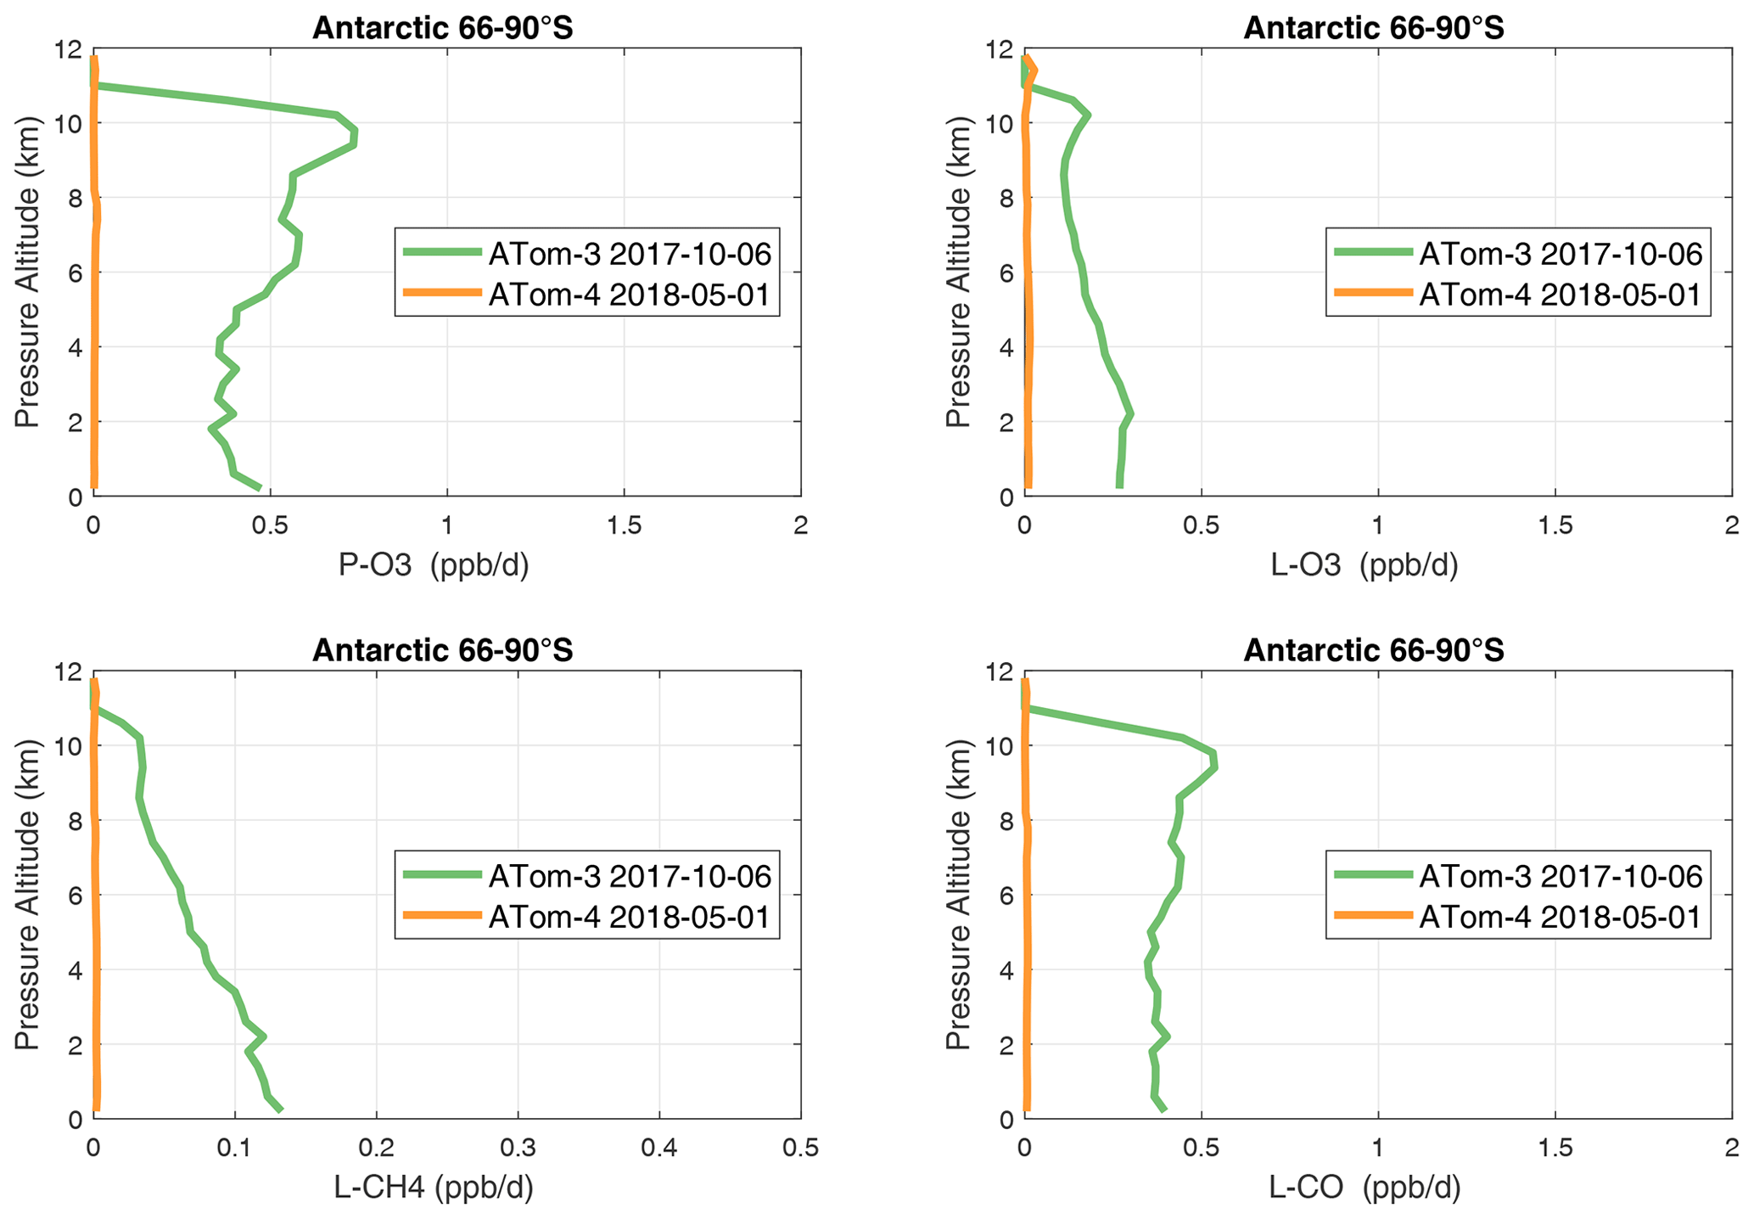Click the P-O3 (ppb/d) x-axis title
click(x=434, y=566)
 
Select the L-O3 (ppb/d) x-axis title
click(x=1365, y=566)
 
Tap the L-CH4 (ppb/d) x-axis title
click(x=434, y=1188)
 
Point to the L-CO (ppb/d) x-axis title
click(x=1365, y=1188)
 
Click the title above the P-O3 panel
click(x=443, y=28)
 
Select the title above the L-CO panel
click(x=1374, y=650)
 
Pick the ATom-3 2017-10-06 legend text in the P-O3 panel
click(x=629, y=254)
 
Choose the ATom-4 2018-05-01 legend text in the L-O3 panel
click(x=1561, y=295)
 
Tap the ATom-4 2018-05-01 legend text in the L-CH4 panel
click(x=629, y=917)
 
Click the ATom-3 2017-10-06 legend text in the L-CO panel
click(x=1561, y=876)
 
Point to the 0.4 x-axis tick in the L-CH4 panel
click(x=659, y=1149)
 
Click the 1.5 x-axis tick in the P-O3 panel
click(x=624, y=527)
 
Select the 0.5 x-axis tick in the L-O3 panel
click(x=1201, y=527)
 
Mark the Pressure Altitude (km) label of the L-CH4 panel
click(x=27, y=895)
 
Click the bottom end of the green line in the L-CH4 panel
click(x=281, y=1109)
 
